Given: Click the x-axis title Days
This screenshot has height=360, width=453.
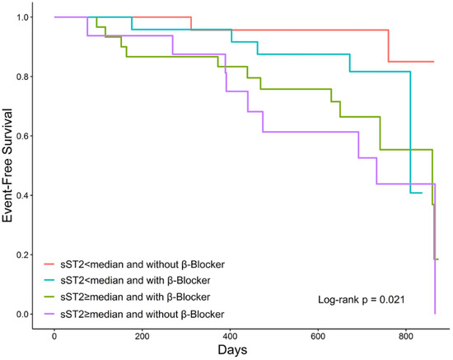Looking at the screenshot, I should click(242, 351).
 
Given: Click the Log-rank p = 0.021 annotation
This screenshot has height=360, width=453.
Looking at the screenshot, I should click(361, 299).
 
